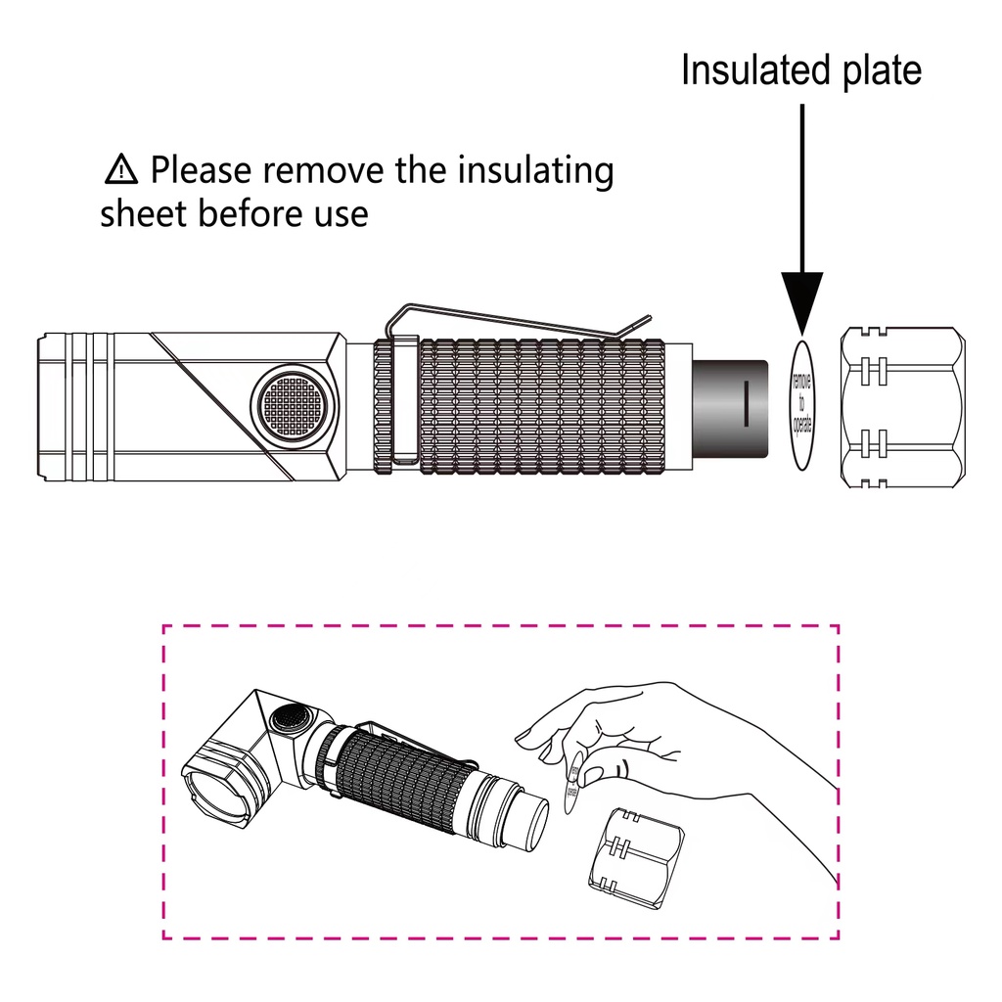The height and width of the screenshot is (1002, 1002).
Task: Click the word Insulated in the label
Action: pyautogui.click(x=744, y=71)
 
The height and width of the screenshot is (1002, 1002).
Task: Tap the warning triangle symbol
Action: pyautogui.click(x=120, y=170)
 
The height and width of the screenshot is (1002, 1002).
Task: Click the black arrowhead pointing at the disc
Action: pyautogui.click(x=801, y=302)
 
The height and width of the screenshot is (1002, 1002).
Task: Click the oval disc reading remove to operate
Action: pyautogui.click(x=801, y=405)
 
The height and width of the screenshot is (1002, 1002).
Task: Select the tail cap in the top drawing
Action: pyautogui.click(x=902, y=407)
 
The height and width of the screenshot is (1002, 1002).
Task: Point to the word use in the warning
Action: pyautogui.click(x=340, y=213)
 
